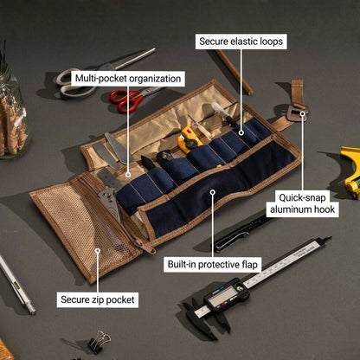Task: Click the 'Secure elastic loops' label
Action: click(x=241, y=41)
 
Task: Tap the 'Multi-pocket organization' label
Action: click(x=128, y=78)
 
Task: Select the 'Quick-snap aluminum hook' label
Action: click(x=303, y=202)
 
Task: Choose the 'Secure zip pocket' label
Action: click(x=98, y=299)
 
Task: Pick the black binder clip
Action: click(x=98, y=341)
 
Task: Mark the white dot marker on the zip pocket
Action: click(x=98, y=252)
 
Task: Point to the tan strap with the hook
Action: click(x=297, y=100)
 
